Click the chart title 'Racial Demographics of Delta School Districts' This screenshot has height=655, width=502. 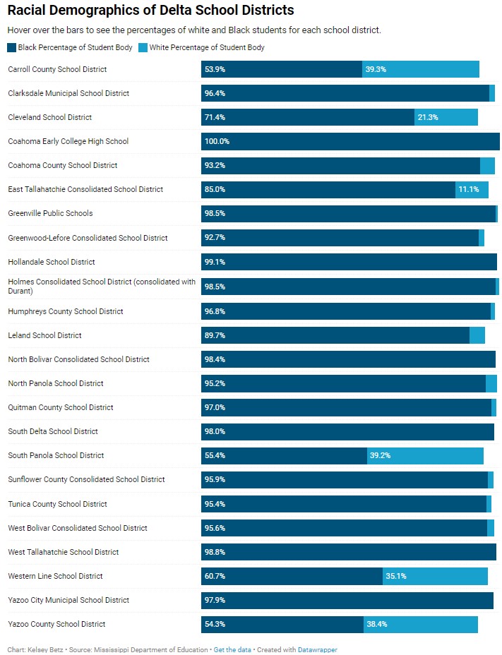pos(150,11)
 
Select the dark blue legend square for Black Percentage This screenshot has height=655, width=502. pos(12,47)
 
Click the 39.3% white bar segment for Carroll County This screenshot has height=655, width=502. pos(421,69)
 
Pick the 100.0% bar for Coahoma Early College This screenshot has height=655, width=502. pos(350,141)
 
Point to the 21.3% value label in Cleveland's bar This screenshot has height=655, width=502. pos(428,117)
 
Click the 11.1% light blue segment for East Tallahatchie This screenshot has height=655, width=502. pos(472,189)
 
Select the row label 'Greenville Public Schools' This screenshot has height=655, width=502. pos(50,213)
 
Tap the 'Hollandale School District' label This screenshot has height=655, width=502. pos(52,262)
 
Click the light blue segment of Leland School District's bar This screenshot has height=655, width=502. pos(477,335)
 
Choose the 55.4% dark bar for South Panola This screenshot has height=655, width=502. pos(284,455)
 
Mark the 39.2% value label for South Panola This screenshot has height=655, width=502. pos(380,455)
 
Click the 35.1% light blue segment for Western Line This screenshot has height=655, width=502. pos(435,576)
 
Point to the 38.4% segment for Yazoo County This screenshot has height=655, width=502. pos(421,624)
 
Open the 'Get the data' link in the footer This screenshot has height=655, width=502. pos(232,649)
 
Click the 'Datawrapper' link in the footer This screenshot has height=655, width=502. pos(317,649)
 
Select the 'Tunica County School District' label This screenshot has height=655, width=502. pos(58,504)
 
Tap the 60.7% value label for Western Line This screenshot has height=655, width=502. pos(215,576)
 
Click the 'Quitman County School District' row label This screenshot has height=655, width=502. pos(61,407)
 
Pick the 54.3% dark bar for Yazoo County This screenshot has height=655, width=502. pos(282,624)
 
